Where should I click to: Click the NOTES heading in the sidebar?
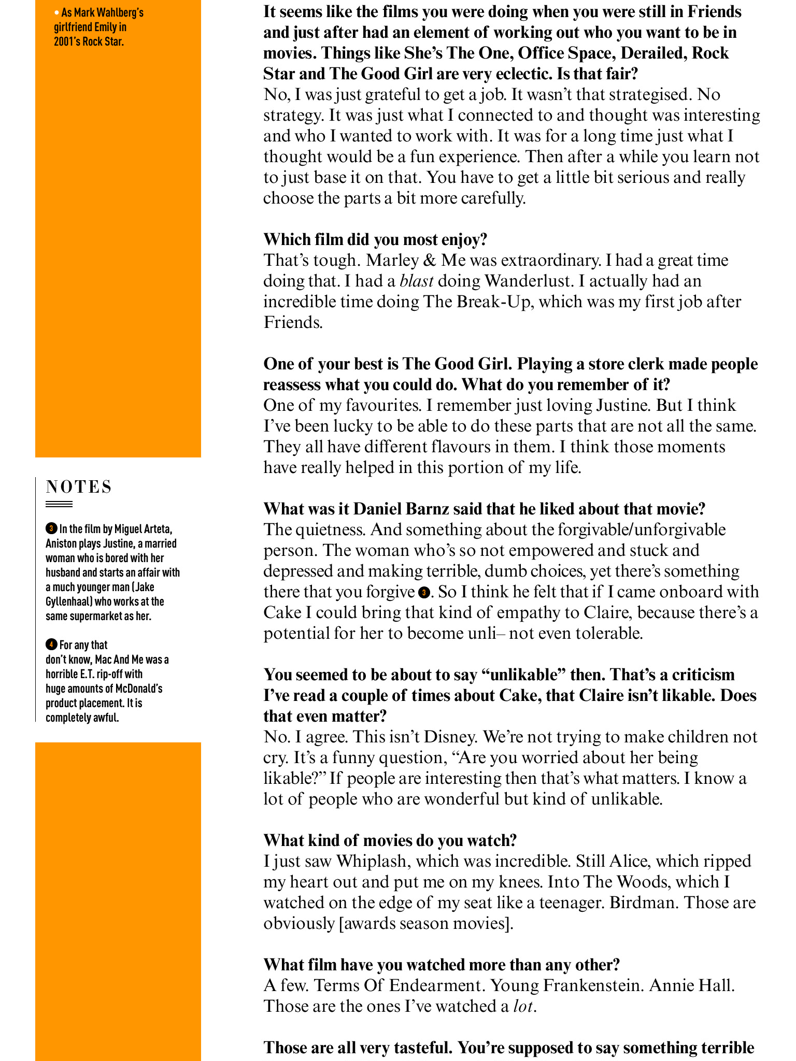[x=79, y=487]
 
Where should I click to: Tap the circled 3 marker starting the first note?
[x=51, y=529]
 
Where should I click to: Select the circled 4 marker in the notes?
[x=51, y=645]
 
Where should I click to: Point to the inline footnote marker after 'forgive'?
[x=424, y=592]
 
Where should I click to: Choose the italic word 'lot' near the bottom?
[x=523, y=1007]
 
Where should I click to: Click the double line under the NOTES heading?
[x=59, y=504]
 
